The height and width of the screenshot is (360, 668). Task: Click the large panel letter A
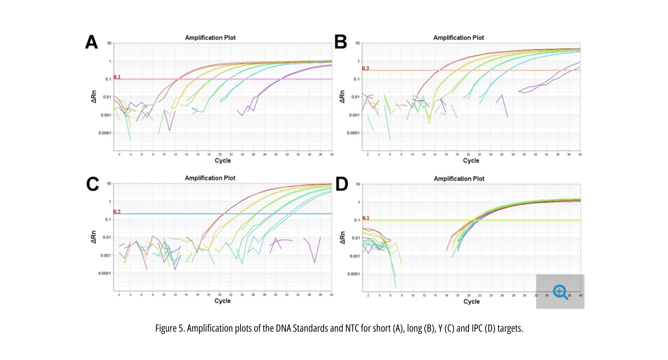coord(92,43)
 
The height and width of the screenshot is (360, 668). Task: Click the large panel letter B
coord(341,43)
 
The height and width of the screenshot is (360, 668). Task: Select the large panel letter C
coord(92,183)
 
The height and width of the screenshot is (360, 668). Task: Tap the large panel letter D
coord(341,184)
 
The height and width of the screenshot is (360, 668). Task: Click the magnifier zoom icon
coord(560,291)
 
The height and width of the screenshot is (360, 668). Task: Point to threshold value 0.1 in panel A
coord(117,77)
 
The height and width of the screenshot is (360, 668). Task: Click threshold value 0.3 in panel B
coord(366,69)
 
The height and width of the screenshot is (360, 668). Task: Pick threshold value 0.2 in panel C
coord(117,212)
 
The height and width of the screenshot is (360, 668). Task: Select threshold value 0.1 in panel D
coord(366,218)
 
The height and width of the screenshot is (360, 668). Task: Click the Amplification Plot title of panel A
coord(210,37)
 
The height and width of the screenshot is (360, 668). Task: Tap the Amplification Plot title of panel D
coord(459,179)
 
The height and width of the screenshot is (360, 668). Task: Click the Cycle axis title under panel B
coord(471,161)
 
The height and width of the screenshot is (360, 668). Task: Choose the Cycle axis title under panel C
coord(223,301)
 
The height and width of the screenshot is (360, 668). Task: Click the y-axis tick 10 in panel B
coord(358,43)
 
